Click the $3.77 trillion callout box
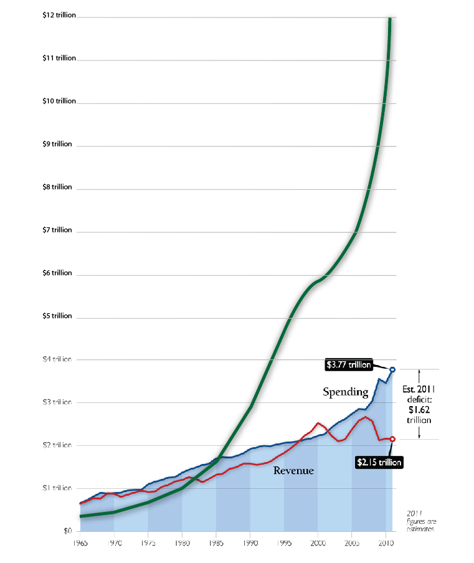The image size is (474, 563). (x=349, y=365)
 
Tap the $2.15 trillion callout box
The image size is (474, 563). (x=379, y=462)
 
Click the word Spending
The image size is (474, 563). (x=346, y=392)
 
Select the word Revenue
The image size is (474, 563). (x=293, y=471)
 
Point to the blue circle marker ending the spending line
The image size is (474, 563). (x=392, y=370)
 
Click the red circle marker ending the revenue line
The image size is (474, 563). (x=392, y=439)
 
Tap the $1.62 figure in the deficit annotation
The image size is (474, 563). (x=419, y=410)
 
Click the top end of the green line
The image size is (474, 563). (x=390, y=19)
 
